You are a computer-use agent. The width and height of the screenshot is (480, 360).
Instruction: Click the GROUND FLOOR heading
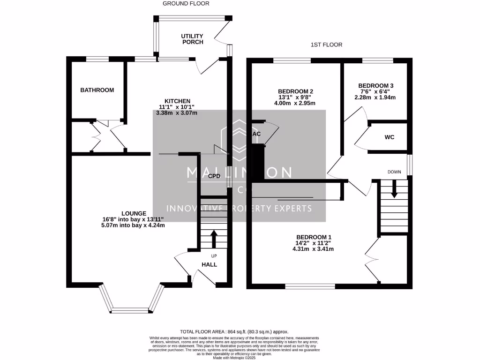pyautogui.click(x=186, y=3)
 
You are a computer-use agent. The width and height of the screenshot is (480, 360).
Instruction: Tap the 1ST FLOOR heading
pyautogui.click(x=326, y=45)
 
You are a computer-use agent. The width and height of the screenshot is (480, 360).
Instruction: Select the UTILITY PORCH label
pyautogui.click(x=192, y=39)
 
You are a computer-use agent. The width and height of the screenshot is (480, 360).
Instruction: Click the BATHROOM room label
pyautogui.click(x=97, y=90)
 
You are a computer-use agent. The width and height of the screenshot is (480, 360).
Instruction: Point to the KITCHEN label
pyautogui.click(x=177, y=101)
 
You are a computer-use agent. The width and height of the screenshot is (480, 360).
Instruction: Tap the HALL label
pyautogui.click(x=209, y=264)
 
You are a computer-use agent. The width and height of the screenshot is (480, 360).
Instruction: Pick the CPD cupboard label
pyautogui.click(x=214, y=176)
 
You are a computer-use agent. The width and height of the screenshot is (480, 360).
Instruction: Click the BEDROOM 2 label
pyautogui.click(x=295, y=91)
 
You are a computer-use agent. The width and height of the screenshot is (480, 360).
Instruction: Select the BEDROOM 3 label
pyautogui.click(x=375, y=85)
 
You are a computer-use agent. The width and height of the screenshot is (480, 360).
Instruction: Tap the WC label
pyautogui.click(x=389, y=138)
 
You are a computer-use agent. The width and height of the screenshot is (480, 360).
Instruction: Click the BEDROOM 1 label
pyautogui.click(x=314, y=237)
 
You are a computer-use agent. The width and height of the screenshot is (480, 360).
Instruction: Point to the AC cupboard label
pyautogui.click(x=256, y=134)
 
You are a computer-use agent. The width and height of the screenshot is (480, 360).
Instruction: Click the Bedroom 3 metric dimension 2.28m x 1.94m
pyautogui.click(x=375, y=97)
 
